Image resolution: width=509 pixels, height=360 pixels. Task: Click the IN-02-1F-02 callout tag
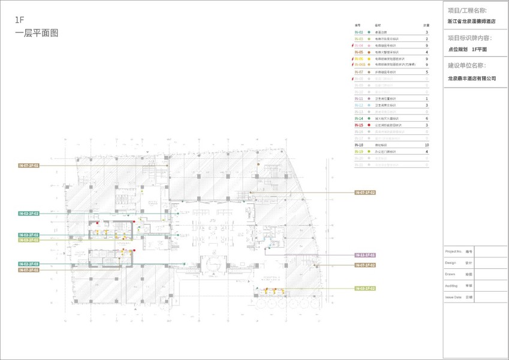pos(29,214)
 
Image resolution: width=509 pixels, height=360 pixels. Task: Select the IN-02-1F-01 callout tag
pos(29,235)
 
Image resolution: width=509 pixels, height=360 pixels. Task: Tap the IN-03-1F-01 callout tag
pos(29,240)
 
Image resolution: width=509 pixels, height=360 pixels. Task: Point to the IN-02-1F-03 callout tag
pos(29,264)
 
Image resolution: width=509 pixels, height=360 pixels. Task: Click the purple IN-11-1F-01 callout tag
pos(365,255)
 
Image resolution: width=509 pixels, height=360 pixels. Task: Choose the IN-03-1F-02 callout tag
pos(365,289)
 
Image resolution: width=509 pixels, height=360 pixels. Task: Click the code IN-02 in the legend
pos(359,32)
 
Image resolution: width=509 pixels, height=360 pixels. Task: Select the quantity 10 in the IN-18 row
pos(426,145)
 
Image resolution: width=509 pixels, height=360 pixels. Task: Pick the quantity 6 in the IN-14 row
pos(426,118)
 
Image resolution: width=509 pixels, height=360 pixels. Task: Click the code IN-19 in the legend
pos(359,152)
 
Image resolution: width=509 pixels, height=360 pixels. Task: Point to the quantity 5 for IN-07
pos(426,72)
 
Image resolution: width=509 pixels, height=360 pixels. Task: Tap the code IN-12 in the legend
pos(359,105)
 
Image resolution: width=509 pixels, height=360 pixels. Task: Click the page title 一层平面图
pos(37,34)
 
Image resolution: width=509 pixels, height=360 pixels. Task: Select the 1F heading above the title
pos(19,20)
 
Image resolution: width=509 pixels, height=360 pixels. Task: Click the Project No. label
pos(454,251)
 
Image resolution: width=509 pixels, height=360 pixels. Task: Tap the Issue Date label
pos(454,296)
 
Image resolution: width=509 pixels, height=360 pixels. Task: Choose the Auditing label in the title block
pos(453,285)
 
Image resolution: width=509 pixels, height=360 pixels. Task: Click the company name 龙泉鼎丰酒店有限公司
pos(472,78)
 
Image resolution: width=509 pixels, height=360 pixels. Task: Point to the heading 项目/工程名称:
pos(467,11)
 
